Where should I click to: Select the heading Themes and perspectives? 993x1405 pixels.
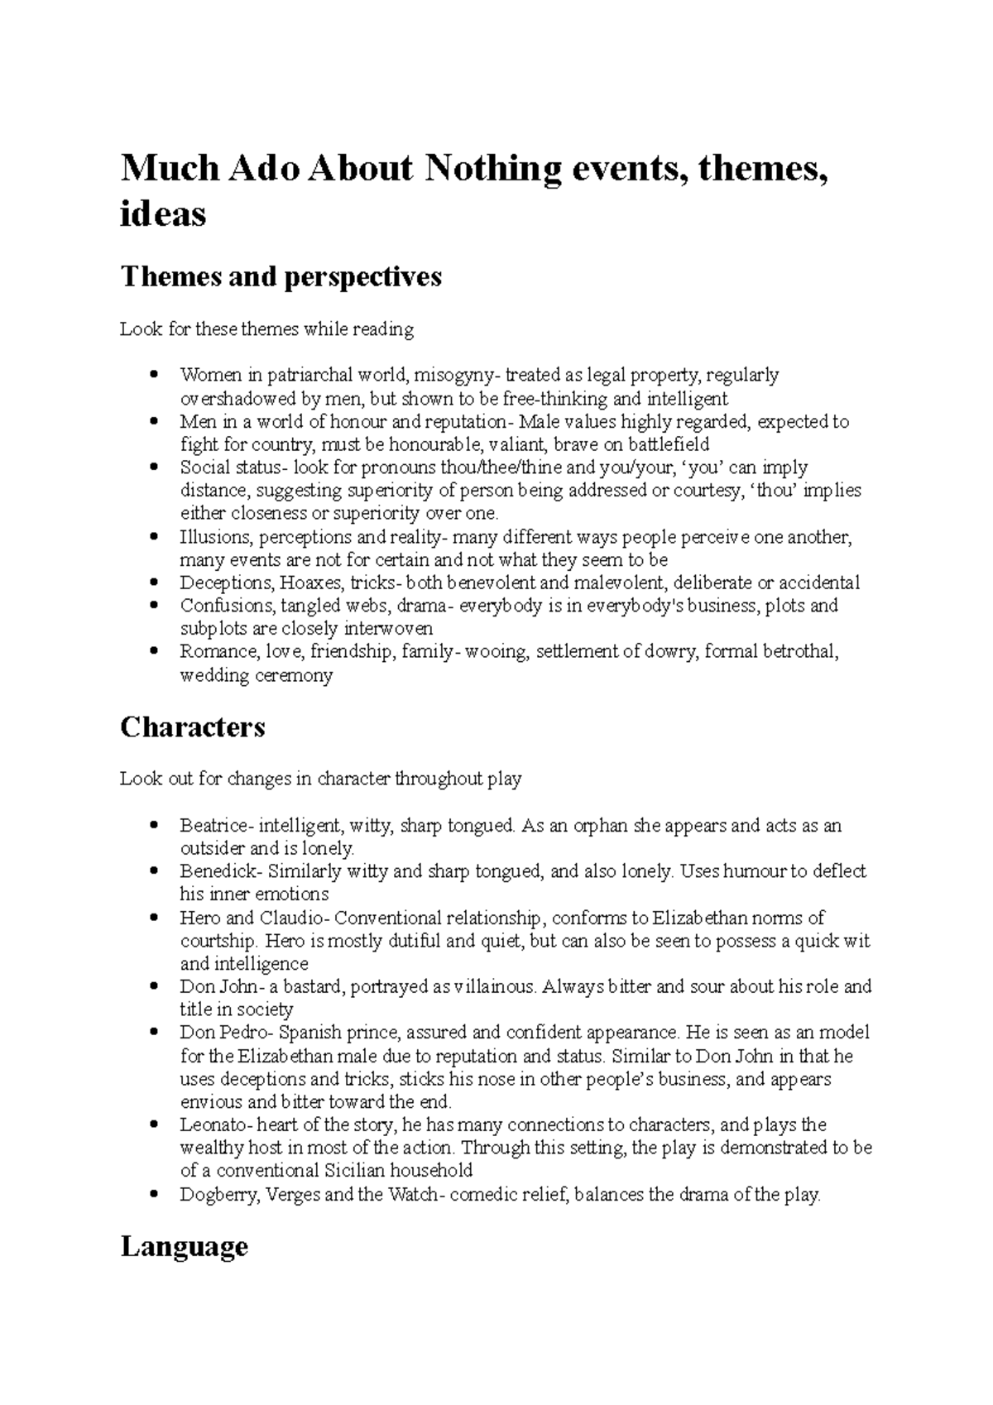281,276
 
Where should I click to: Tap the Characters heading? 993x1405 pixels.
193,726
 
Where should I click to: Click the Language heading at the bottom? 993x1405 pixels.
184,1246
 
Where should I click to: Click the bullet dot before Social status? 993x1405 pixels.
155,468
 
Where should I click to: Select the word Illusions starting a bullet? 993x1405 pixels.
211,537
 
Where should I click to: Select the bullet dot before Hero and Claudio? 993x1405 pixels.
155,918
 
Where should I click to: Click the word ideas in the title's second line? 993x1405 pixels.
163,215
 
